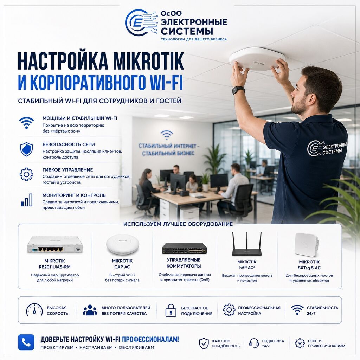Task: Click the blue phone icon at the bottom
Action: (26, 342)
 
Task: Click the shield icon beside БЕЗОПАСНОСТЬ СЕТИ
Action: (26, 149)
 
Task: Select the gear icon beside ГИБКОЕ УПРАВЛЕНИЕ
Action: (26, 174)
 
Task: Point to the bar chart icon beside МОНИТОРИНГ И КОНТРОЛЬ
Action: (27, 200)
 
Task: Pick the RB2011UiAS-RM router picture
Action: (55, 246)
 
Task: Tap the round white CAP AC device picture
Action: (122, 244)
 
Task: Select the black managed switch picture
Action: (184, 248)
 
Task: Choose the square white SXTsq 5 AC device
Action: (307, 245)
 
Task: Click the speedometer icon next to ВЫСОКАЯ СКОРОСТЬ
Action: (34, 310)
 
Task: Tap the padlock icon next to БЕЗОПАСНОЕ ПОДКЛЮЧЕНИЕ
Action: (171, 310)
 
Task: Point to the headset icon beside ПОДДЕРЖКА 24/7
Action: (254, 343)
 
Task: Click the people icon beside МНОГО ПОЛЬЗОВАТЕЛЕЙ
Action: (90, 310)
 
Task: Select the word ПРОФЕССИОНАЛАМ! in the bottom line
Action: (150, 339)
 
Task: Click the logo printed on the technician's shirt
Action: (327, 148)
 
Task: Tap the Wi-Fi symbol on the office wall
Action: (167, 135)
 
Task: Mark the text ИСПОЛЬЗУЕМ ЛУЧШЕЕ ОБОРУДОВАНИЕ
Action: (178, 224)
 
